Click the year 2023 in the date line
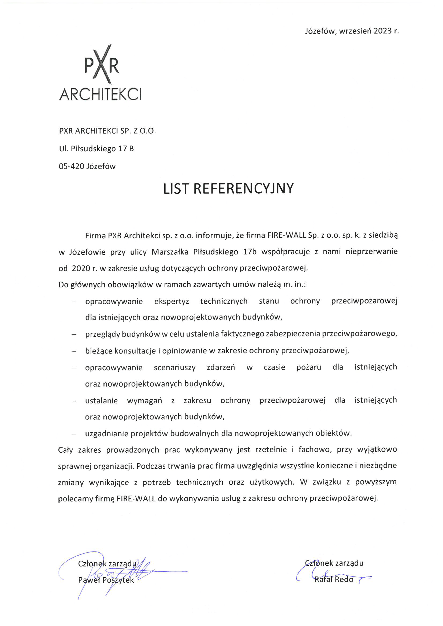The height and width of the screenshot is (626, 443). (x=382, y=31)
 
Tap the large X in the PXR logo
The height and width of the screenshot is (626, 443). (x=102, y=65)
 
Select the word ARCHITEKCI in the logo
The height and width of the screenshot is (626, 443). (x=100, y=94)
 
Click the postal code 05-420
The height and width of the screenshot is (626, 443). (x=72, y=166)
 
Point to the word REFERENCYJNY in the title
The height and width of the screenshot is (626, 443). (x=243, y=189)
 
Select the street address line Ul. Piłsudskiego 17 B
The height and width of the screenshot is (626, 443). (x=96, y=149)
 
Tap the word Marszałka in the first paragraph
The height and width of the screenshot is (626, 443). (x=170, y=252)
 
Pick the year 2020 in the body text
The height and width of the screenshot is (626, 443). (x=81, y=268)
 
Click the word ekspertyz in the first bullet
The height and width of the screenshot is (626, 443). (x=171, y=301)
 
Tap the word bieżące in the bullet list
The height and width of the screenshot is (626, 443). (x=98, y=351)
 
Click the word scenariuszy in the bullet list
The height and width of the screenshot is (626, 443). (x=174, y=368)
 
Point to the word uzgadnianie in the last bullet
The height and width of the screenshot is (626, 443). (x=107, y=433)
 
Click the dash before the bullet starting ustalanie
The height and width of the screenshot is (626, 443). (x=74, y=401)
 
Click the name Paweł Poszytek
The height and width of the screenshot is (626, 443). (x=106, y=580)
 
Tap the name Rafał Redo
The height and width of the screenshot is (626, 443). (x=334, y=579)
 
